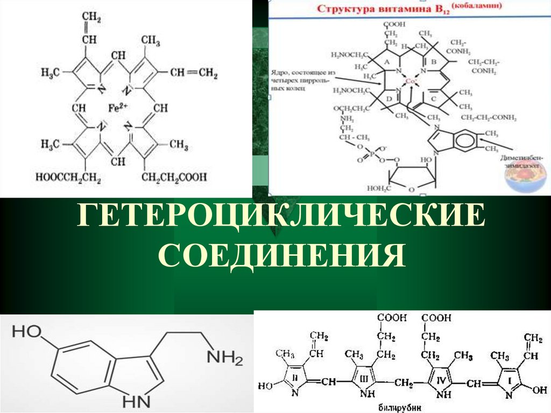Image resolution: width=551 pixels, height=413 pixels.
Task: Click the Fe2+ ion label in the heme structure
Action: [x=116, y=108]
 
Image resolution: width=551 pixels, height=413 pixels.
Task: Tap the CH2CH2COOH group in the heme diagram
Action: [x=175, y=176]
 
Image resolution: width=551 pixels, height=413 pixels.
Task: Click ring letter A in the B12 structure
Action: [x=386, y=62]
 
